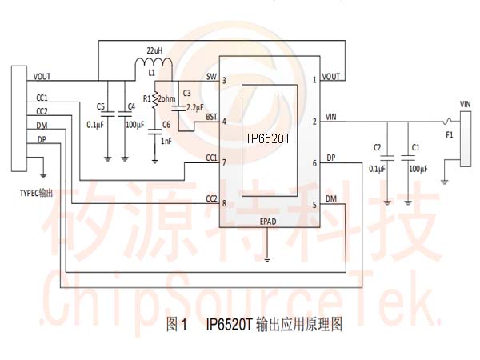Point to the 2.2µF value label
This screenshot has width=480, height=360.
tap(194, 107)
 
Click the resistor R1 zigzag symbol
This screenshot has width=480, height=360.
tap(155, 99)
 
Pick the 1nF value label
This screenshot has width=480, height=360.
tap(166, 141)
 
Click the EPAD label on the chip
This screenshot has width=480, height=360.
tap(270, 222)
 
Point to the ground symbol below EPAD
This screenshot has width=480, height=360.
tap(268, 258)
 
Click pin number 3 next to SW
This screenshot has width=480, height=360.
tap(225, 80)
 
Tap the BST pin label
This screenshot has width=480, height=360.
tap(211, 118)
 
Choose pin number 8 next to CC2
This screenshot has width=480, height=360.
tap(225, 202)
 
